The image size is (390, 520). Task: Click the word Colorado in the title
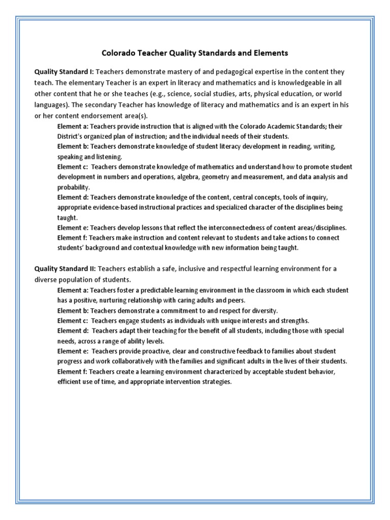[118, 52]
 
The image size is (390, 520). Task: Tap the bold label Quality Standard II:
[64, 268]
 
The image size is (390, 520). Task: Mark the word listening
[107, 156]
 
